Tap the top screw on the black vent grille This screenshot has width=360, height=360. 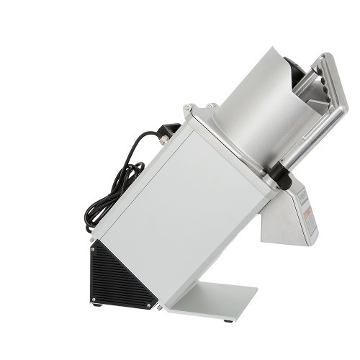93,248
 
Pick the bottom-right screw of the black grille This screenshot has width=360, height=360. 150,305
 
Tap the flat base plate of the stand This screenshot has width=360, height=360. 216,299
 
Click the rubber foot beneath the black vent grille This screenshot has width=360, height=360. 96,304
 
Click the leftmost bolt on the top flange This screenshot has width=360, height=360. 189,109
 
